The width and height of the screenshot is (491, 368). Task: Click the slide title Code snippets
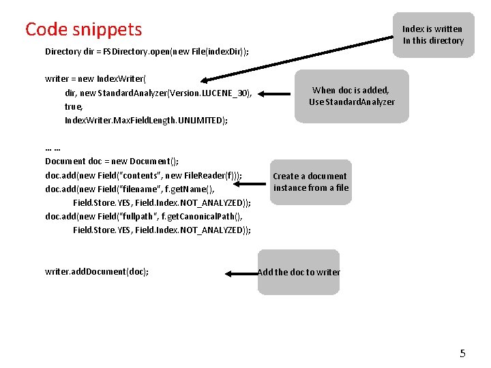[x=83, y=29]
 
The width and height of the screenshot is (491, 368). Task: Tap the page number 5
[x=462, y=353]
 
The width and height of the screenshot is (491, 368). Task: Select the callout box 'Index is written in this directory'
[x=433, y=35]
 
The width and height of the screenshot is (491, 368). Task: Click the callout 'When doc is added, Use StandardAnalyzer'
[x=351, y=96]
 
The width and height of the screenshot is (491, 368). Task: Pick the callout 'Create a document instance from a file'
[x=311, y=182]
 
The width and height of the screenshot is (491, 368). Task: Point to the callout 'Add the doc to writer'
[x=299, y=272]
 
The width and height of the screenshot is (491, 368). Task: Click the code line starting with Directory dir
[x=147, y=52]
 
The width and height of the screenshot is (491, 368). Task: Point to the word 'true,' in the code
[x=74, y=107]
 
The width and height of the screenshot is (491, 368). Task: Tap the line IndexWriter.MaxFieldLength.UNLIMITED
[x=146, y=121]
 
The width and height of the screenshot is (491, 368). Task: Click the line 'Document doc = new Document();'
[x=112, y=162]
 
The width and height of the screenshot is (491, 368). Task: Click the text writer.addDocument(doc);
[x=97, y=272]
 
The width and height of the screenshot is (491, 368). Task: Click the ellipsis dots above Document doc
[x=53, y=148]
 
